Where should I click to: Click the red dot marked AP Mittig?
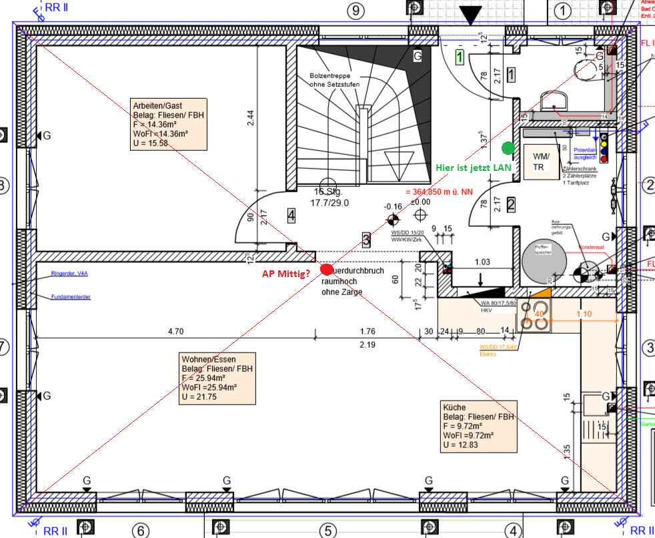tap(326, 270)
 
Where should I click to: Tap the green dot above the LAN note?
tap(508, 148)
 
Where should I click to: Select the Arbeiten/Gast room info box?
tap(167, 123)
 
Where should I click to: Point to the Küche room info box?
tap(478, 427)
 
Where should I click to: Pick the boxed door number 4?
tap(291, 215)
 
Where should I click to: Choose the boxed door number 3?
tap(366, 240)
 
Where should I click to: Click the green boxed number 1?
tap(460, 57)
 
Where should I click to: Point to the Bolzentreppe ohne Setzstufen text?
tap(335, 80)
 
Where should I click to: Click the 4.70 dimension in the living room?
tap(175, 331)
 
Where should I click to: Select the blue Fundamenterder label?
tap(71, 297)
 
